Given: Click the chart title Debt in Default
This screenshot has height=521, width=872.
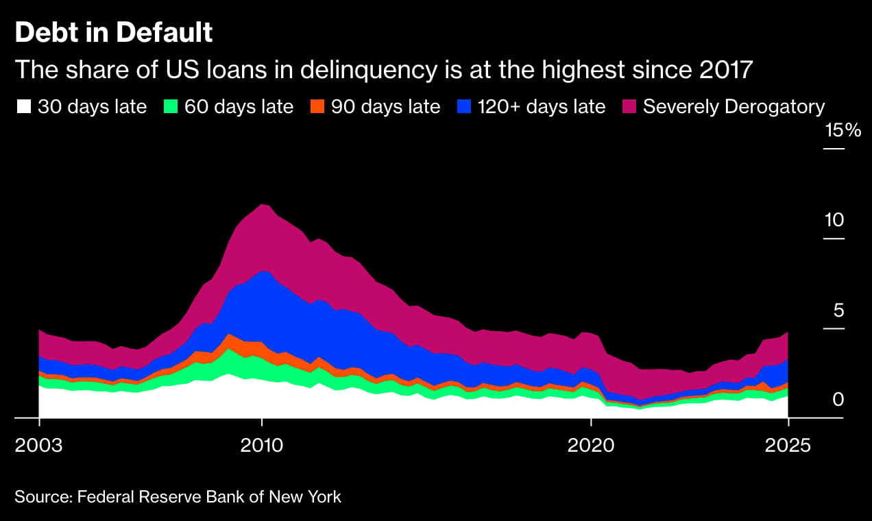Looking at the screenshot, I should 113,33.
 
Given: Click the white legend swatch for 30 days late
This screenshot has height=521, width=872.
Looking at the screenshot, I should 24,107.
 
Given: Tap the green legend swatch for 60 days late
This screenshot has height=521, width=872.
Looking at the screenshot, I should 171,107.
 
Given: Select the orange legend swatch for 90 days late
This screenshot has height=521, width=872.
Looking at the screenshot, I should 317,107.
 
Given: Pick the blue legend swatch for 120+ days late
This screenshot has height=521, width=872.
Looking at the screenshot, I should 464,107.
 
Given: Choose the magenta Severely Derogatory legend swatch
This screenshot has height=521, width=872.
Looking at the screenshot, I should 629,107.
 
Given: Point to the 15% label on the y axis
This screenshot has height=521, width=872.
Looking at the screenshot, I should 843,130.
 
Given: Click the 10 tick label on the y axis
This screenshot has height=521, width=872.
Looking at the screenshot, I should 834,221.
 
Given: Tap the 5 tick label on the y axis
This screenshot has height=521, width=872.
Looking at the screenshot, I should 838,311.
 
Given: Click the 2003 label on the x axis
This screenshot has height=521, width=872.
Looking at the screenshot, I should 39,445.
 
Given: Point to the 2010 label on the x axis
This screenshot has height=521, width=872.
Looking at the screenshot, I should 261,445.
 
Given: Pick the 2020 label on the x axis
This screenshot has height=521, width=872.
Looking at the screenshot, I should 590,445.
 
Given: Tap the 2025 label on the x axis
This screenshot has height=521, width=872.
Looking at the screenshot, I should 788,445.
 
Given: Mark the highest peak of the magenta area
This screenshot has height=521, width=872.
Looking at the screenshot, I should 262,205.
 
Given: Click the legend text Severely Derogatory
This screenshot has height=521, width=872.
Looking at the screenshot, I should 734,107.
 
